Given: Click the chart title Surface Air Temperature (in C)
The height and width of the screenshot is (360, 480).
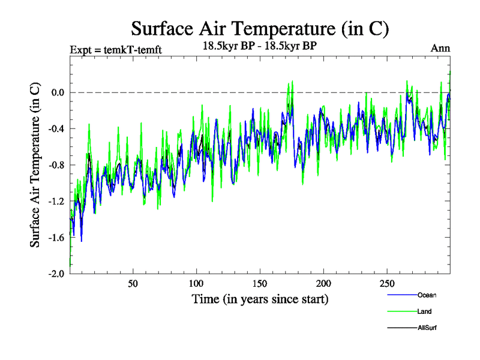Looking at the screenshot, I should (x=260, y=28).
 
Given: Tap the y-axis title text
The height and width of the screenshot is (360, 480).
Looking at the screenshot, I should (x=36, y=165).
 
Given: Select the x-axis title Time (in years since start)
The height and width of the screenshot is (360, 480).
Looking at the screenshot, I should (x=260, y=298).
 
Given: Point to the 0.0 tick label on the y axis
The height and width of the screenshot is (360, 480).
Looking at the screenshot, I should (x=57, y=92).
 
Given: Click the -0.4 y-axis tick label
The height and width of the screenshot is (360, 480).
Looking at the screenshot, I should (x=55, y=128).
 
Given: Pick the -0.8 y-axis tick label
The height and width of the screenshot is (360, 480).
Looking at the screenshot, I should (x=55, y=165).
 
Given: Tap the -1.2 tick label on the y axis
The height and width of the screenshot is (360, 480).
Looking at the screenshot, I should (x=55, y=201).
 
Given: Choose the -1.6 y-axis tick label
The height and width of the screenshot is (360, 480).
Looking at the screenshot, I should (x=55, y=237).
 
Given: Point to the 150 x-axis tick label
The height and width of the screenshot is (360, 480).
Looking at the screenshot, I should (x=260, y=283).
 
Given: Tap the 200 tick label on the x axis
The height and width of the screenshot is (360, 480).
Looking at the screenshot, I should (x=323, y=283).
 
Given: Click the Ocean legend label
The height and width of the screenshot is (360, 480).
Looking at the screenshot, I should (x=426, y=295).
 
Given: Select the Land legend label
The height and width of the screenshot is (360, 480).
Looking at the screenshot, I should (x=424, y=311).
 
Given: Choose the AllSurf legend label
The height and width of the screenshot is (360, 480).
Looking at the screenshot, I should (x=426, y=328).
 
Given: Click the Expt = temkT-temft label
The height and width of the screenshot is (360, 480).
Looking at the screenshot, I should (x=116, y=50).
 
